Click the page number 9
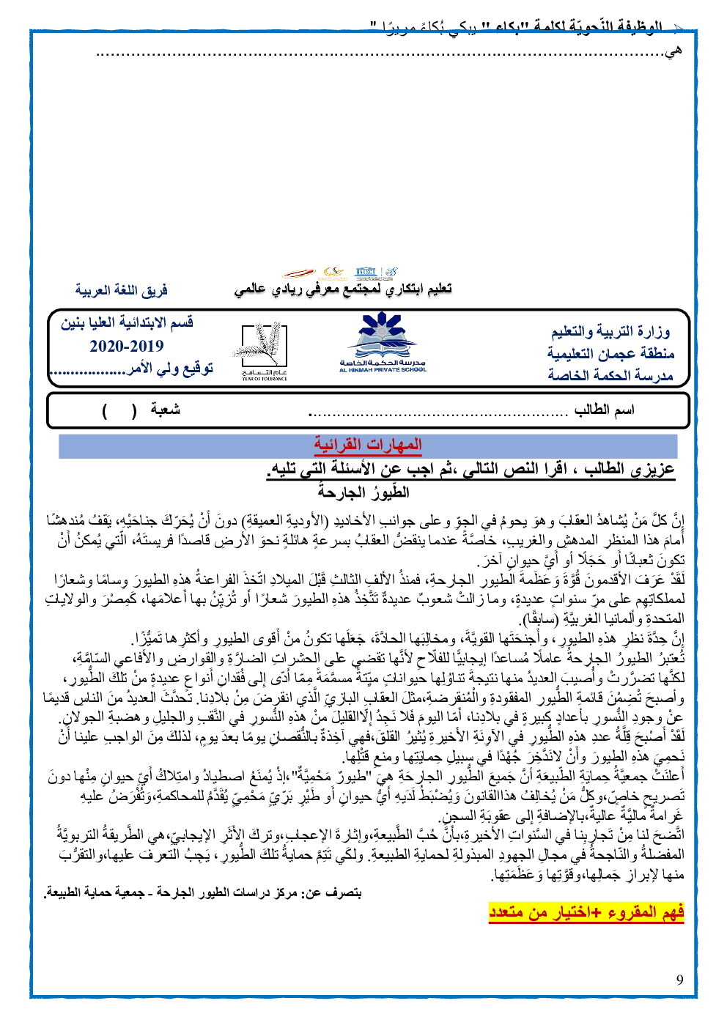679,980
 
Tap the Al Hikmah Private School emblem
383,341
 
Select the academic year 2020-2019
127,346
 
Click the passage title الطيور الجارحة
364,492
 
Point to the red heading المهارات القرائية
367,445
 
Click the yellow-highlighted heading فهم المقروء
586,911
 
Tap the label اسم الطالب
604,410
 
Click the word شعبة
166,410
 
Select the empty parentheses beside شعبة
119,410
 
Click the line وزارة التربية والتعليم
610,331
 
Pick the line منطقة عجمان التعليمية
610,353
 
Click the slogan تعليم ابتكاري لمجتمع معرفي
343,289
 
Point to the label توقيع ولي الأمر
170,369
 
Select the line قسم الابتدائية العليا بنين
127,322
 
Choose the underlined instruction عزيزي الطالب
470,469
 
